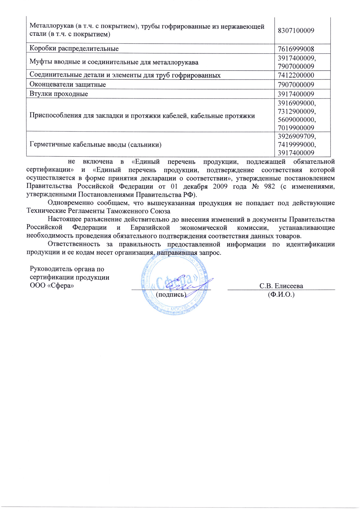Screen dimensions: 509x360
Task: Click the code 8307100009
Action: pos(296,31)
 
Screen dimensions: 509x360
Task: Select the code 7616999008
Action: pos(296,49)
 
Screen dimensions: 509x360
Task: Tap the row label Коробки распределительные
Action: pos(74,49)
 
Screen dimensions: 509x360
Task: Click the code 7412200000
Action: pos(296,75)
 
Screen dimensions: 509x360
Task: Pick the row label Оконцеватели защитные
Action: pos(67,84)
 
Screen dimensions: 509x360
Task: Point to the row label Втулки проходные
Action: pos(59,94)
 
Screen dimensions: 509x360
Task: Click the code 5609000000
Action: pos(296,120)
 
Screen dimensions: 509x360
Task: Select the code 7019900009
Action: pos(296,128)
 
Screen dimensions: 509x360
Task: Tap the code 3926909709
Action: pos(296,136)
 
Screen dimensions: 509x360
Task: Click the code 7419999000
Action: pos(296,144)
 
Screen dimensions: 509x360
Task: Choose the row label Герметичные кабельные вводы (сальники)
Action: pos(95,144)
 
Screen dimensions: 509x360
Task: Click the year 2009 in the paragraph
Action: pos(220,186)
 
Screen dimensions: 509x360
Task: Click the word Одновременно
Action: pos(69,203)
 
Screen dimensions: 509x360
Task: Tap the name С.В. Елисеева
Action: pos(281,286)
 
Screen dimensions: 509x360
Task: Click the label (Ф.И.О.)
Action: pos(281,295)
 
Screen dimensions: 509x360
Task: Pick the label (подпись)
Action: pos(171,295)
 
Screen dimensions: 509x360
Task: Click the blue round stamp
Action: pos(175,281)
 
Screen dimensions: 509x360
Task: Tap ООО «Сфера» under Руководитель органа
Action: pos(52,285)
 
